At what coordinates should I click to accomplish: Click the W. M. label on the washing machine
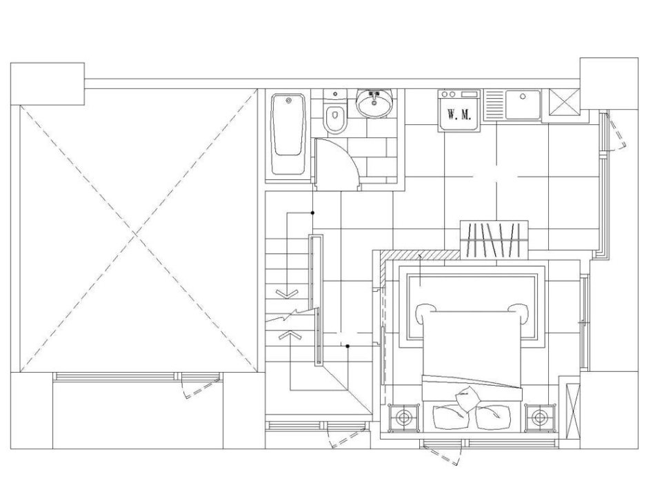(x=459, y=114)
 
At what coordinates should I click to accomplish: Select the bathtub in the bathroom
(x=288, y=134)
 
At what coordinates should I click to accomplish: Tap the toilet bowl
(x=334, y=119)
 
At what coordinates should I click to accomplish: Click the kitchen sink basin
(x=523, y=104)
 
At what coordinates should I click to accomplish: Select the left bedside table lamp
(x=403, y=417)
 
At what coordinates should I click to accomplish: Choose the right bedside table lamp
(x=540, y=417)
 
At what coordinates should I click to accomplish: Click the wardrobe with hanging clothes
(x=494, y=239)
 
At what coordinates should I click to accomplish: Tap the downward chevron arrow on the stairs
(x=287, y=293)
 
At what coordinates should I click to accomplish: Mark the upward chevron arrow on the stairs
(x=288, y=335)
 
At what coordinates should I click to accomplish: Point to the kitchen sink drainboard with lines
(x=494, y=104)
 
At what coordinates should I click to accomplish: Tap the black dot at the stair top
(x=312, y=213)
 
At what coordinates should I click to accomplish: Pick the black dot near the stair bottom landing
(x=347, y=346)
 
